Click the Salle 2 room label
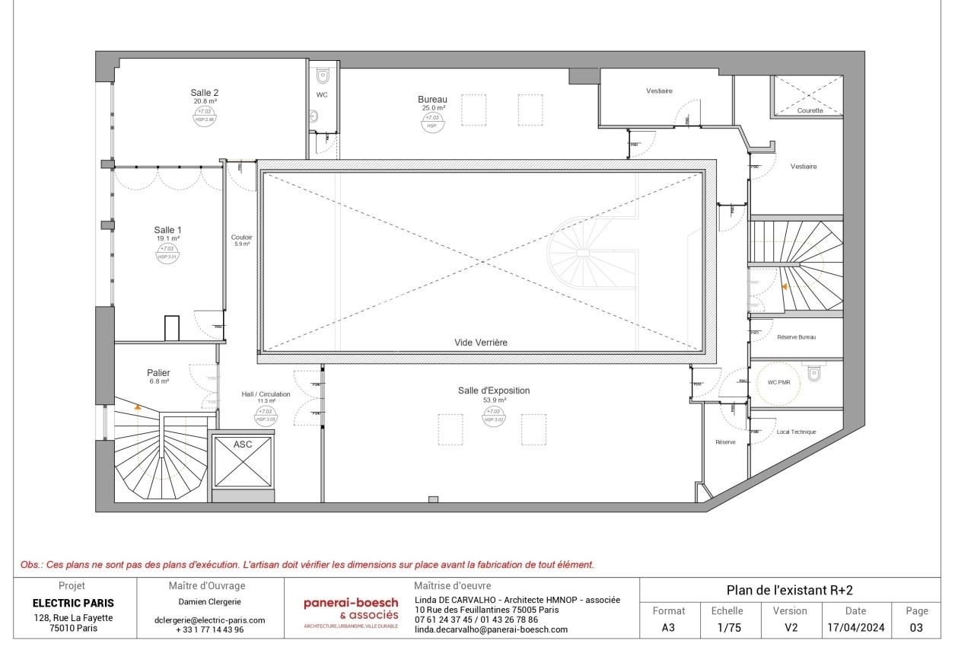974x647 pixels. pos(205,93)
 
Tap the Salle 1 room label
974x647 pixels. pos(167,230)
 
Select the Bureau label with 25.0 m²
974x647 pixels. pos(432,100)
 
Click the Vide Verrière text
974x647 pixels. pos(480,343)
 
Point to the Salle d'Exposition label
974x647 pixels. pos(493,390)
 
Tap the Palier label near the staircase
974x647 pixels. pos(158,373)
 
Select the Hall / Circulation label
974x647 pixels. pos(266,394)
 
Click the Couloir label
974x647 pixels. pos(241,237)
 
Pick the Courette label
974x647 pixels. pos(810,110)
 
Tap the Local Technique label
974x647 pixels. pos(796,432)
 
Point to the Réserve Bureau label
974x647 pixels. pos(796,336)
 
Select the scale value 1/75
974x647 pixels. pos(725,629)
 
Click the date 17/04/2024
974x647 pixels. pos(856,629)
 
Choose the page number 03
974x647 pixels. pos(916,629)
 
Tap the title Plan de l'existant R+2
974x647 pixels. pos(788,591)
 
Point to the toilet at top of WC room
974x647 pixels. pos(323,75)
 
